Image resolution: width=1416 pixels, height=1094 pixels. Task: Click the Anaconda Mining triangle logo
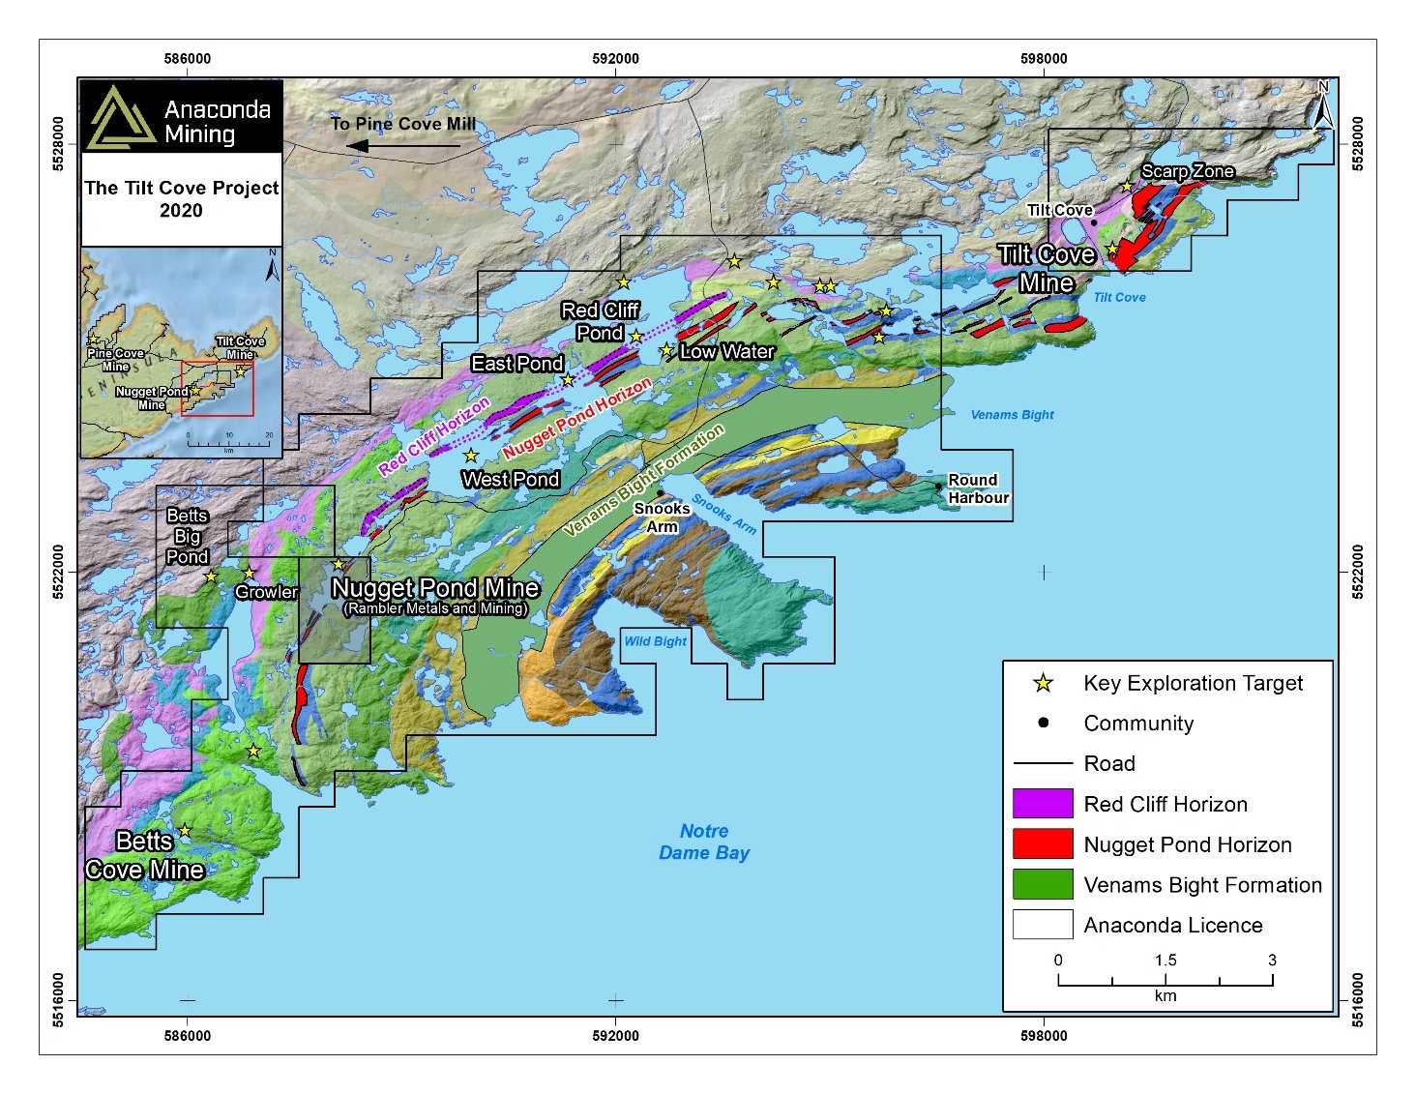[x=120, y=118]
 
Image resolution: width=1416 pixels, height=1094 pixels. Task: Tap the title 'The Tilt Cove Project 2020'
[x=181, y=199]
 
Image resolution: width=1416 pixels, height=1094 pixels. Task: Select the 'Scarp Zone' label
[x=1187, y=171]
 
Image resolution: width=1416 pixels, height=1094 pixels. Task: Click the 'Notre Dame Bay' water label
[x=704, y=843]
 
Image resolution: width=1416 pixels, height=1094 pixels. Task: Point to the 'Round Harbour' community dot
[x=938, y=487]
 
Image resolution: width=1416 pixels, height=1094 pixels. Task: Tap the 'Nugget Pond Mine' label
[x=434, y=588]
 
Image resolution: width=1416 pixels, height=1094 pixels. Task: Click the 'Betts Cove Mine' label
[x=144, y=856]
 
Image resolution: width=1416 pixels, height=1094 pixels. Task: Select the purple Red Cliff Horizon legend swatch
[x=1042, y=804]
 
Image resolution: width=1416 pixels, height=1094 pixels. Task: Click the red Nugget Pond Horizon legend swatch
[x=1042, y=843]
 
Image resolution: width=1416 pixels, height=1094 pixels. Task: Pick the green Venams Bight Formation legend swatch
[x=1042, y=884]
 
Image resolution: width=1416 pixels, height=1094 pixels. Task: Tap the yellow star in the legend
[x=1043, y=684]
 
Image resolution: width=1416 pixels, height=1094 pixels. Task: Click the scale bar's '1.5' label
[x=1165, y=961]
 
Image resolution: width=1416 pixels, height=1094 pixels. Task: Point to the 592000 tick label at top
[x=615, y=59]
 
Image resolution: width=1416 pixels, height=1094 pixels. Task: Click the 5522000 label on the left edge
[x=59, y=572]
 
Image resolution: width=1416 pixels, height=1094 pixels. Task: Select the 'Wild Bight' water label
[x=655, y=641]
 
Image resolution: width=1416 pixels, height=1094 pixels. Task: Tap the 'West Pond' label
[x=511, y=479]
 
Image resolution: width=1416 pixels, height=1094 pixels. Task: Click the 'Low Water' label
[x=726, y=352]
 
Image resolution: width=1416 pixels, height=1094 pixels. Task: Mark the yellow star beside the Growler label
[x=249, y=574]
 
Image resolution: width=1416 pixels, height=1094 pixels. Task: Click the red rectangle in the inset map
[x=218, y=389]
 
